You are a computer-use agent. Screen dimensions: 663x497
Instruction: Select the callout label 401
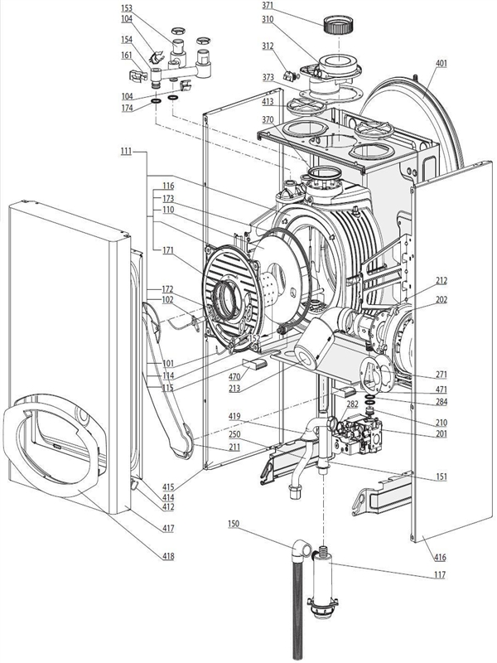coord(442,63)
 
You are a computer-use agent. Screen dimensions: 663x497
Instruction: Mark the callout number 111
coord(126,152)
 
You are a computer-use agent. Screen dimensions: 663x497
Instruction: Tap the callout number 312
coord(268,46)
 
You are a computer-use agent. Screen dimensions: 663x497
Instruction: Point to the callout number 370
coord(268,119)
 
